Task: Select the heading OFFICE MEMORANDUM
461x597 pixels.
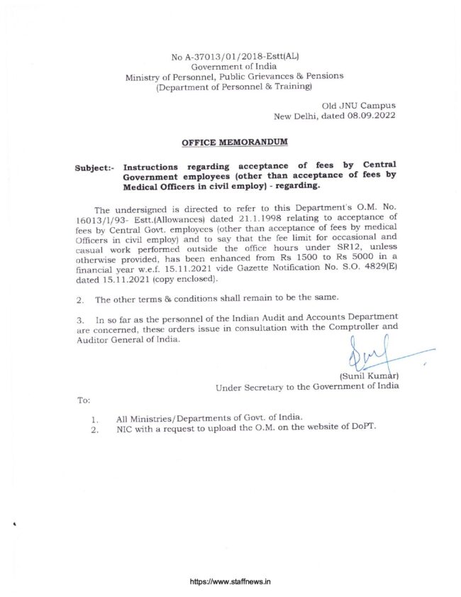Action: coord(235,142)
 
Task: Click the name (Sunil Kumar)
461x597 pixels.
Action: coord(369,376)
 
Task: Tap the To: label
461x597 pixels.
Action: coord(83,400)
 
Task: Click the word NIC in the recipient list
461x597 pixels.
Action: coord(126,428)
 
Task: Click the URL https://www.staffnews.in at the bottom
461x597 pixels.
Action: coord(230,581)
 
